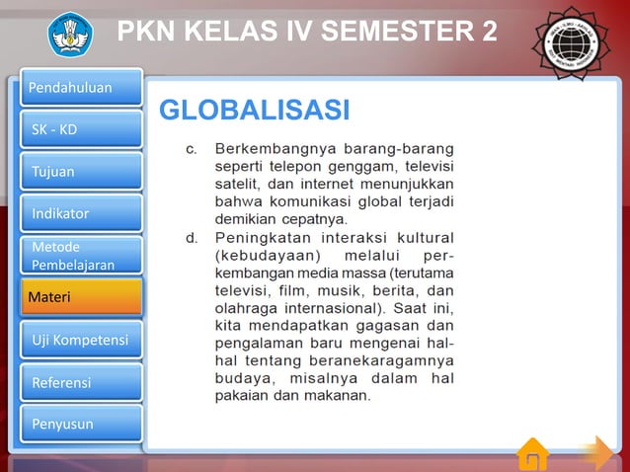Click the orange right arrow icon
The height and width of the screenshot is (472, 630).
tap(595, 453)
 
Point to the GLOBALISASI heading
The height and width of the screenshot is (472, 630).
tap(255, 109)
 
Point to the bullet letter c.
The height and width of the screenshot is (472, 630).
tap(193, 149)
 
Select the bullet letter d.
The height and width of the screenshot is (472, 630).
tap(193, 238)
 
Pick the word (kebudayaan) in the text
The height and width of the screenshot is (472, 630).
tap(264, 256)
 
